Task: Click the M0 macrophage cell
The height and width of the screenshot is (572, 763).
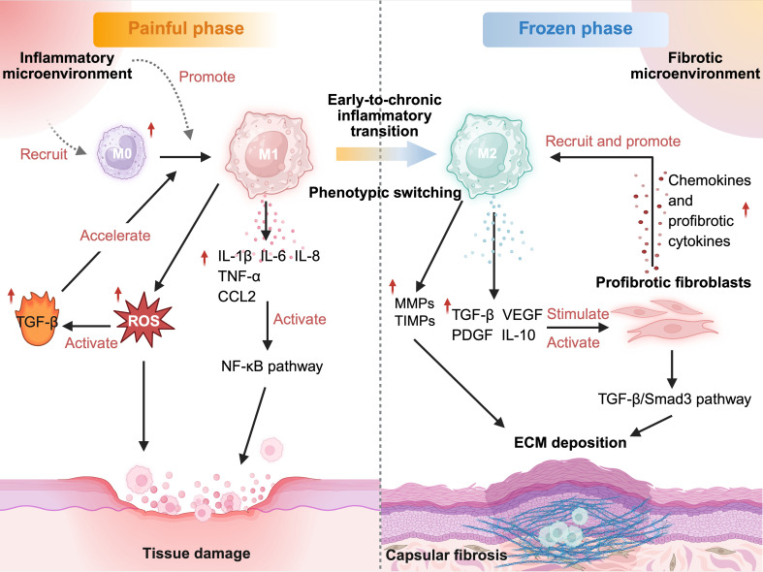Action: point(121,152)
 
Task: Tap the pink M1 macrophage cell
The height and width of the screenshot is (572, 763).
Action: point(268,154)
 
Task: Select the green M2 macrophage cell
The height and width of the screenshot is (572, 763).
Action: point(488,154)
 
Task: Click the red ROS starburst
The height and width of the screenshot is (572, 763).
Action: point(144,320)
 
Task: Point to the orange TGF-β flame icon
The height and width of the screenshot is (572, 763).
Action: point(38,319)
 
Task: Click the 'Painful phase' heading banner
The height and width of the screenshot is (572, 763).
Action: point(185,29)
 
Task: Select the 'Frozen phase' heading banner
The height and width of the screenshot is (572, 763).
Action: point(575,29)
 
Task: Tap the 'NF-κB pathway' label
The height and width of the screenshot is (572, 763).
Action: point(272,365)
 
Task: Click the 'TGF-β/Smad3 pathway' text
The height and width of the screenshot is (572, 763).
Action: point(675,398)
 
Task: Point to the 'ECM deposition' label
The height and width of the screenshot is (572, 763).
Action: point(570,443)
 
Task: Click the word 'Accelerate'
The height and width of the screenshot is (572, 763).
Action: point(115,236)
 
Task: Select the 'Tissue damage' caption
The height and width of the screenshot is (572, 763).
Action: point(197,553)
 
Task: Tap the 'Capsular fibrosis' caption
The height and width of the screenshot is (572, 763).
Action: point(446,555)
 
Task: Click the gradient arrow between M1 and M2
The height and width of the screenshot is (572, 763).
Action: point(386,154)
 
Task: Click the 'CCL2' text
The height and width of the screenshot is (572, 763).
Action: point(237,297)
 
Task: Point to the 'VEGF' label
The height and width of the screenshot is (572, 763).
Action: point(523,315)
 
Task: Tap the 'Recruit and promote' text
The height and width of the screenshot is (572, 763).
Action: point(613,141)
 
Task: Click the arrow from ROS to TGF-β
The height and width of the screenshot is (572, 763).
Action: point(87,326)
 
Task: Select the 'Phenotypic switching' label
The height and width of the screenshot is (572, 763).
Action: point(385,193)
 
